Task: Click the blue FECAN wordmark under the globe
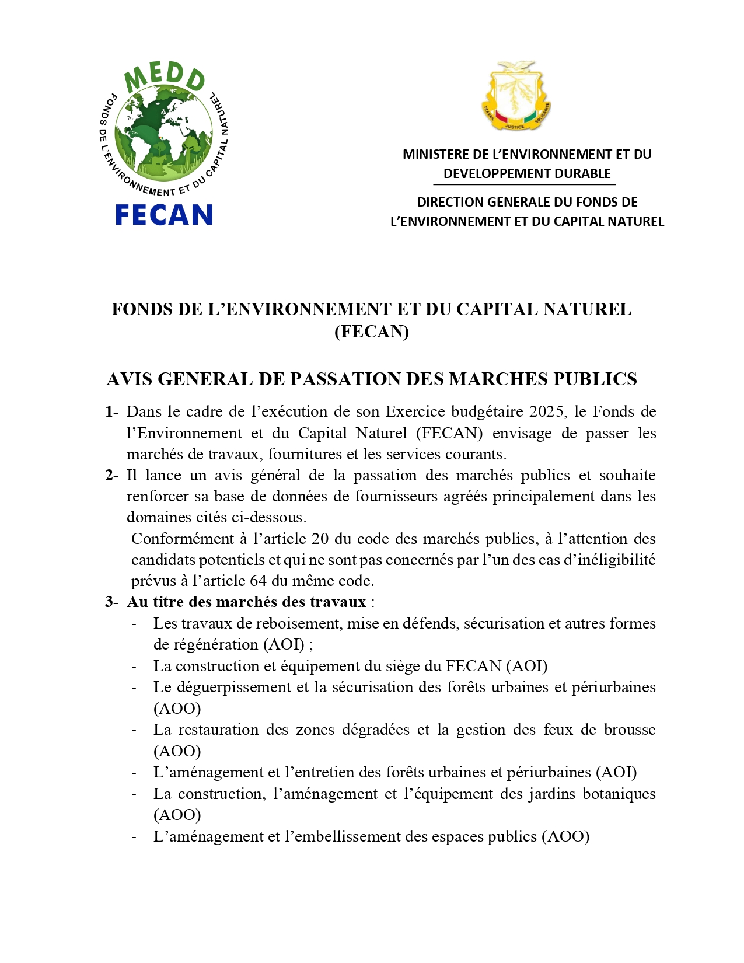click(x=164, y=215)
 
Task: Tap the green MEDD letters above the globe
click(x=164, y=78)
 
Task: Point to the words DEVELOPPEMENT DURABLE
click(x=527, y=174)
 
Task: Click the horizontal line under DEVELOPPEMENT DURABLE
click(x=527, y=184)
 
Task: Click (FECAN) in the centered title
click(x=372, y=332)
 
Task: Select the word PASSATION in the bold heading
click(x=346, y=379)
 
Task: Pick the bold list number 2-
click(x=112, y=476)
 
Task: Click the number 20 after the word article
click(x=320, y=539)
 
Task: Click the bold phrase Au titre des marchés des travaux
click(x=246, y=602)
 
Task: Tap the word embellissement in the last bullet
click(x=348, y=837)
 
